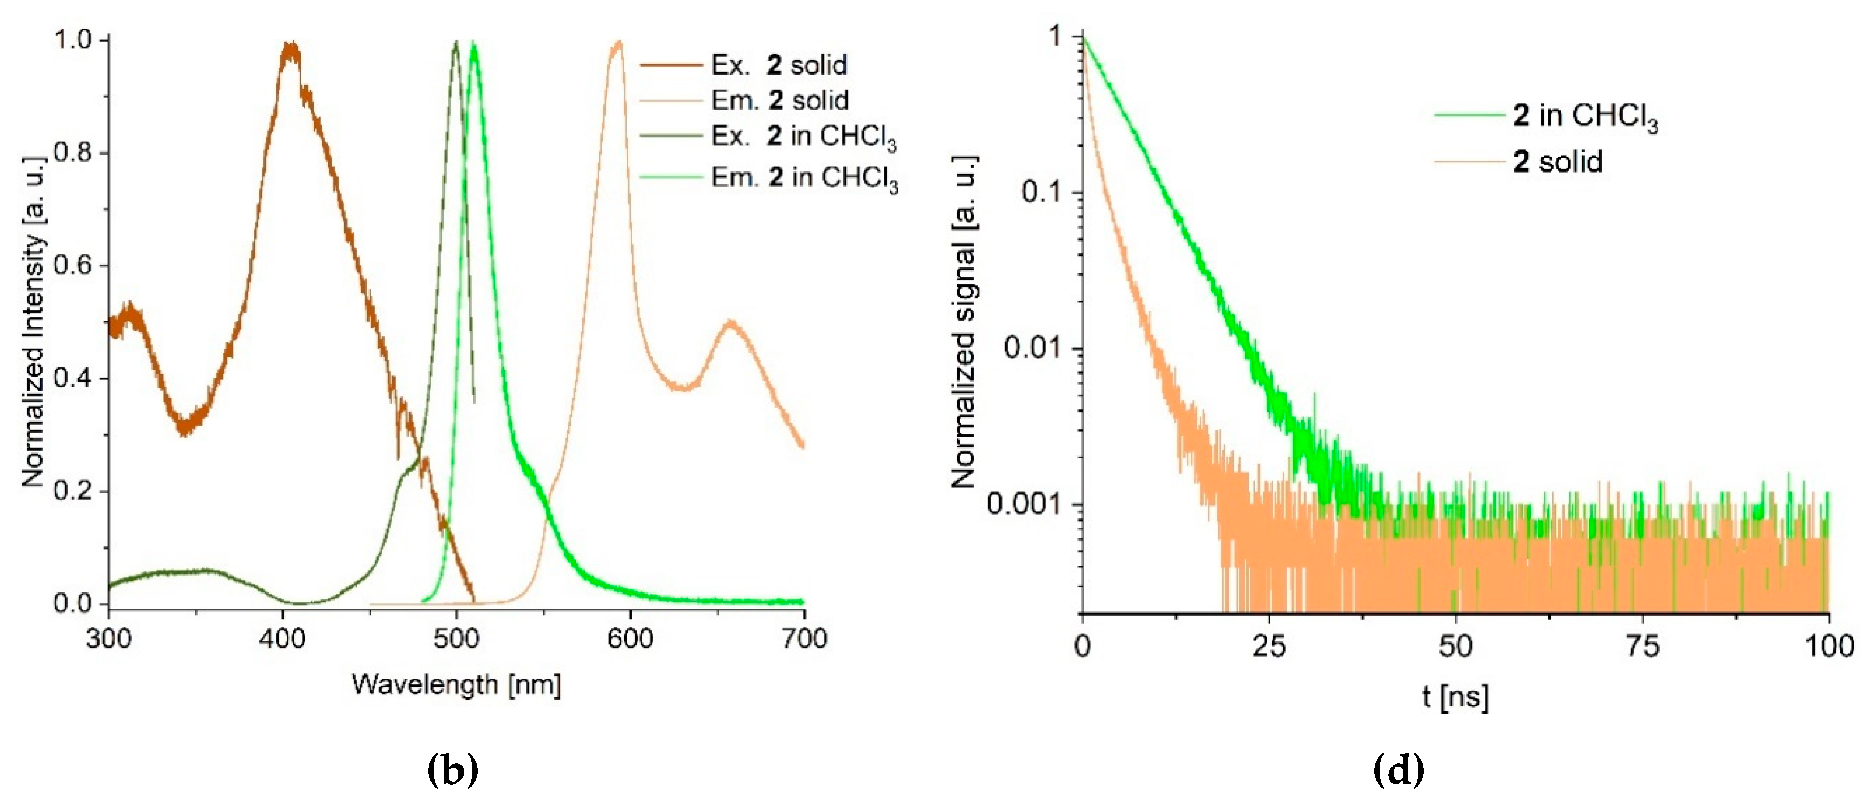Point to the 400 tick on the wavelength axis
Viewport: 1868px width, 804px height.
[x=283, y=639]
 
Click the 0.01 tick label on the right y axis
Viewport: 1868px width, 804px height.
[x=1033, y=348]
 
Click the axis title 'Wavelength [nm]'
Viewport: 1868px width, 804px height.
[x=456, y=684]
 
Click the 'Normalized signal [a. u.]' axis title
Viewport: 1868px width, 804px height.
[x=965, y=322]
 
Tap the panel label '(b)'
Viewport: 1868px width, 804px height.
[x=453, y=770]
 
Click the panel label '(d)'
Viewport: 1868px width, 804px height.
[x=1399, y=770]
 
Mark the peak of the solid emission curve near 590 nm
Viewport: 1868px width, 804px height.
[x=618, y=44]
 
